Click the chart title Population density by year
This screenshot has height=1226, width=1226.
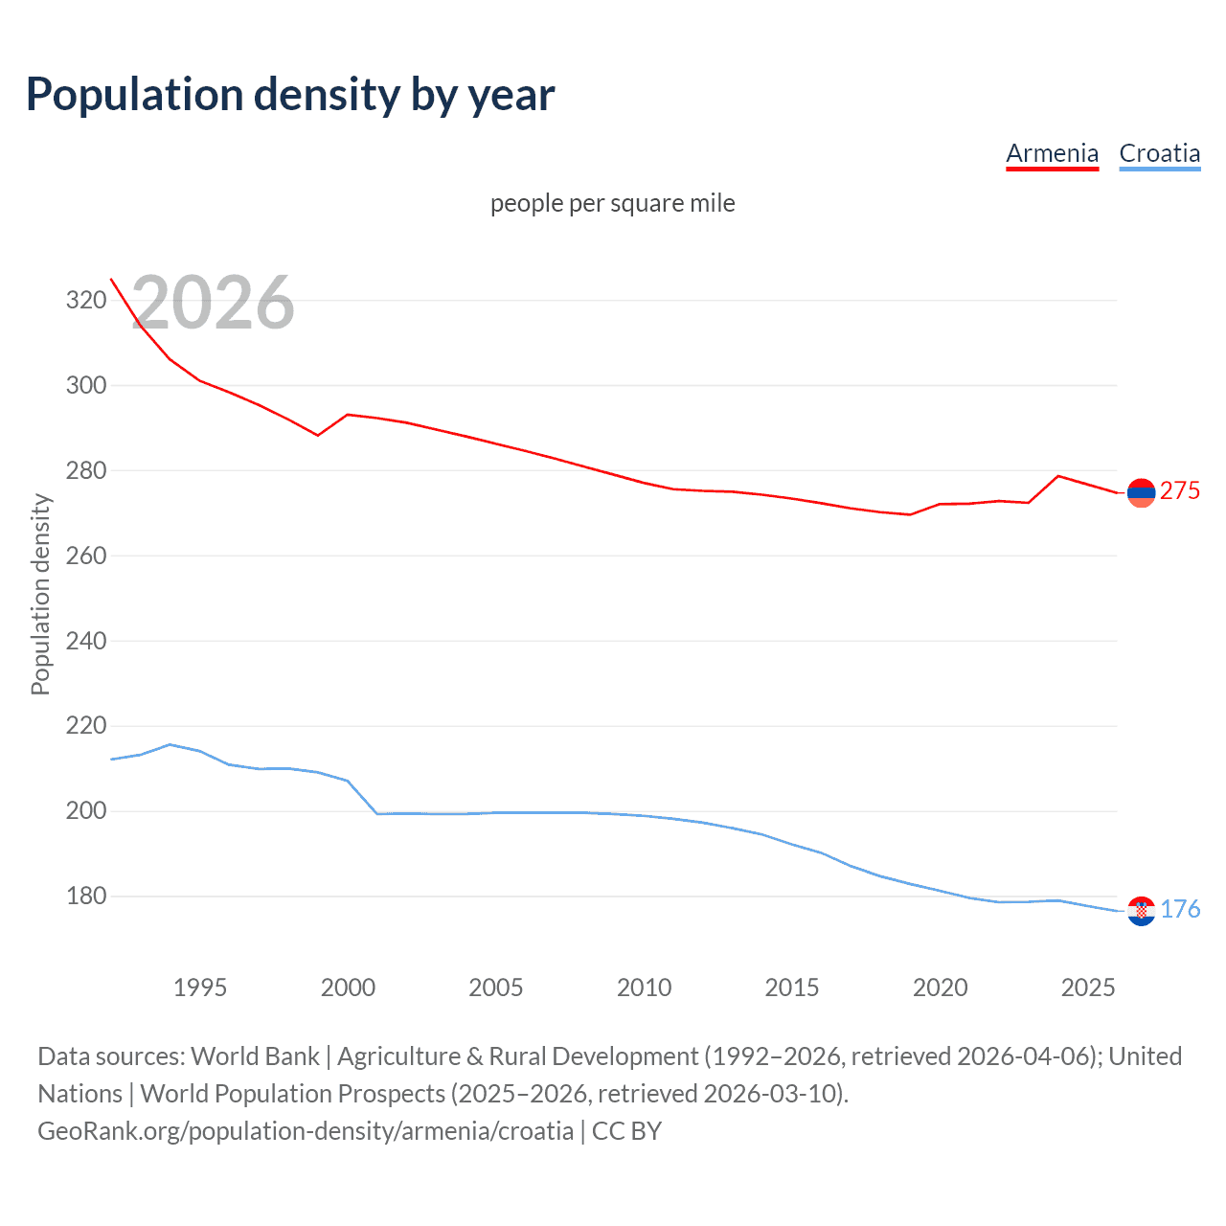(x=290, y=95)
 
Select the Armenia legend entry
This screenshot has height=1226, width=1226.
(x=1052, y=153)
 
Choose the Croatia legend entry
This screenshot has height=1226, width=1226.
(x=1159, y=153)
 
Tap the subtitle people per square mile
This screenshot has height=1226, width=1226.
(x=612, y=203)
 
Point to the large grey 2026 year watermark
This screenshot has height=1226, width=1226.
(x=213, y=303)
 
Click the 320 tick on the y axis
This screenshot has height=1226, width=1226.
(x=85, y=301)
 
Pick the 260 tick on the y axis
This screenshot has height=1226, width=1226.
(x=85, y=556)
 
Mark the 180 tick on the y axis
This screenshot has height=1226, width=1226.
(x=85, y=897)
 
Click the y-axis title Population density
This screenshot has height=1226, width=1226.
(x=40, y=594)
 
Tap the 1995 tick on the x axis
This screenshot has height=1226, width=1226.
(x=199, y=988)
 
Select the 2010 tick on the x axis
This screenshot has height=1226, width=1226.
(x=644, y=988)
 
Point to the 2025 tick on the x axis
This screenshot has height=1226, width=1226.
(x=1087, y=988)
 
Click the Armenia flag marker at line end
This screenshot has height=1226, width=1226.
(x=1141, y=493)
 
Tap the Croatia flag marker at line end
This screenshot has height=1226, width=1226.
(x=1141, y=911)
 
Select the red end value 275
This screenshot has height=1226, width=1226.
(x=1179, y=491)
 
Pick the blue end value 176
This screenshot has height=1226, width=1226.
(x=1180, y=909)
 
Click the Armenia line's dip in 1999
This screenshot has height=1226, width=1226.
(x=318, y=435)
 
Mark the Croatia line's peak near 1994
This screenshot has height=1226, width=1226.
(x=170, y=744)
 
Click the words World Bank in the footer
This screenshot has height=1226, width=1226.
(x=255, y=1056)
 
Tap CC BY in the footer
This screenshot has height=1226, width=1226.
(x=626, y=1131)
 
